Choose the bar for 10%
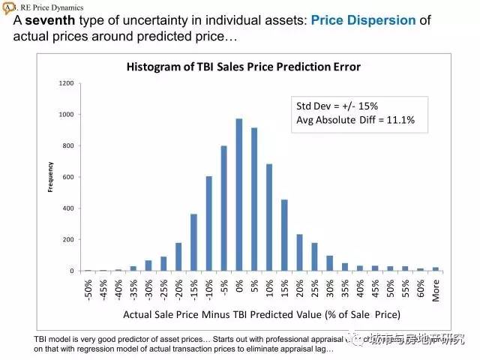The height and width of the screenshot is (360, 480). [269, 217]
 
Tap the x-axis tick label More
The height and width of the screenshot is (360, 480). [436, 287]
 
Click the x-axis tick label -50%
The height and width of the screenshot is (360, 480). [88, 289]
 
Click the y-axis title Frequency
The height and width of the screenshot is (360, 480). [50, 176]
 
